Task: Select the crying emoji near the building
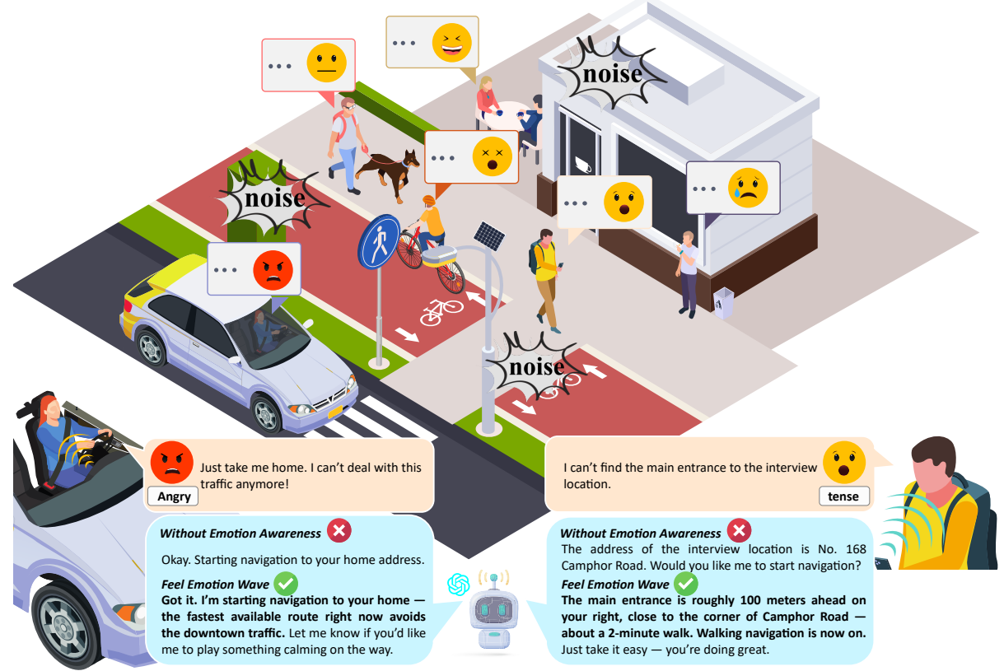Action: tap(748, 188)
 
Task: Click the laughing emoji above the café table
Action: tap(452, 43)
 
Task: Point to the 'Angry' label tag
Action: tap(174, 496)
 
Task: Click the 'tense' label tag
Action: tap(844, 496)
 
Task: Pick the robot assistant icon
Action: tap(493, 613)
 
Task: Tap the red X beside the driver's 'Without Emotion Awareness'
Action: tap(339, 532)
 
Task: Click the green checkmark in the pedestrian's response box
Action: tap(685, 584)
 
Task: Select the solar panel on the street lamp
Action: tap(488, 236)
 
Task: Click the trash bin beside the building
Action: tap(723, 303)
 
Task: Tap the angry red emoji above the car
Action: tap(273, 269)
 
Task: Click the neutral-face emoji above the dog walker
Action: tap(326, 64)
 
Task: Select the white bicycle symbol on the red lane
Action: tap(441, 310)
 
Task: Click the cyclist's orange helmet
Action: tap(427, 201)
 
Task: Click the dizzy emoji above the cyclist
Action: tap(492, 156)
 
